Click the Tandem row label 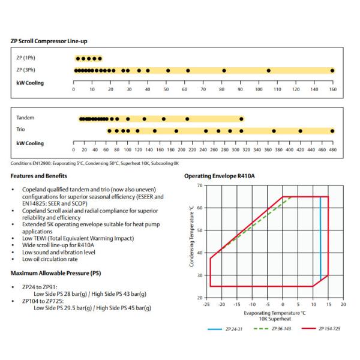pyautogui.click(x=26, y=118)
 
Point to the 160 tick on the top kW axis pyautogui.click(x=332, y=89)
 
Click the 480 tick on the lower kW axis pyautogui.click(x=332, y=150)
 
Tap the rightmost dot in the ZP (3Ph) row pyautogui.click(x=332, y=71)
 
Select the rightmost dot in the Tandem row pyautogui.click(x=241, y=119)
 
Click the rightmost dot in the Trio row pyautogui.click(x=332, y=130)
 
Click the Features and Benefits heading pyautogui.click(x=39, y=176)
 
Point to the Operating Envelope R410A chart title pyautogui.click(x=219, y=176)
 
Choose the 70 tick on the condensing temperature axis pyautogui.click(x=199, y=185)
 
